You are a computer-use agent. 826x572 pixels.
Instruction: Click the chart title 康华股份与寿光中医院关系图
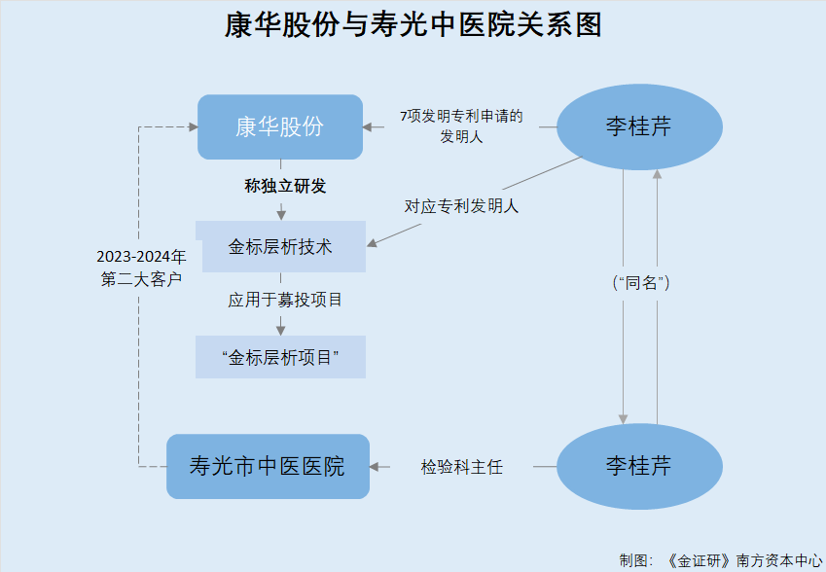coord(413,25)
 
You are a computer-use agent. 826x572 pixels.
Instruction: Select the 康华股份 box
coord(280,126)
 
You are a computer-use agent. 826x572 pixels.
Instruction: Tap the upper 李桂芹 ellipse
coord(639,127)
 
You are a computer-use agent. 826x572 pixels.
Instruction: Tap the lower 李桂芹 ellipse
coord(639,466)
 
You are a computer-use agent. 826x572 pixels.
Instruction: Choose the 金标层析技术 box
coord(280,246)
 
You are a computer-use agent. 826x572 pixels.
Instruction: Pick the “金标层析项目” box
coord(280,357)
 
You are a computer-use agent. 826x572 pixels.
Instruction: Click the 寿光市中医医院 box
coord(268,466)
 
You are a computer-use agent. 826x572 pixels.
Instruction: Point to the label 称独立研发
coord(284,186)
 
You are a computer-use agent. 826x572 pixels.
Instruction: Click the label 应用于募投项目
coord(285,301)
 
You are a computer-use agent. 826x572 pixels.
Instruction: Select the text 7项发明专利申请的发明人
coord(461,126)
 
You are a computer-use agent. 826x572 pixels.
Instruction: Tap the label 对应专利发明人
coord(461,206)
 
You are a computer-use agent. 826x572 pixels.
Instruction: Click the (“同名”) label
coord(640,283)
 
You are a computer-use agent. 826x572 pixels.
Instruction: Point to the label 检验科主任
coord(462,467)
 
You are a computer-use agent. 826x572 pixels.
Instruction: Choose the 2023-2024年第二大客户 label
coord(141,268)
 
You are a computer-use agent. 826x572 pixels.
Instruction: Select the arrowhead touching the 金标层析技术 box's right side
coord(373,242)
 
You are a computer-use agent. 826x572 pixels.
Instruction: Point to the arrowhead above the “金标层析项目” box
coord(280,330)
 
